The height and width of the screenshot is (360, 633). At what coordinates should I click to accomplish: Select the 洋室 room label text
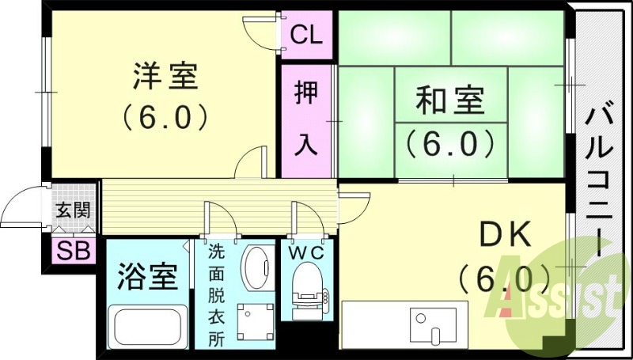pyautogui.click(x=165, y=78)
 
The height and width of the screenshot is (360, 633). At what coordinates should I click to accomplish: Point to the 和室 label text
pyautogui.click(x=449, y=102)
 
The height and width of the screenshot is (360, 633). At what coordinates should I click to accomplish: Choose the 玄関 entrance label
pyautogui.click(x=72, y=210)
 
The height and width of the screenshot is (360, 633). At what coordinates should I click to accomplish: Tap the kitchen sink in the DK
pyautogui.click(x=428, y=324)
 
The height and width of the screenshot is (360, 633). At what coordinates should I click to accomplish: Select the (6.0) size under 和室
pyautogui.click(x=449, y=143)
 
